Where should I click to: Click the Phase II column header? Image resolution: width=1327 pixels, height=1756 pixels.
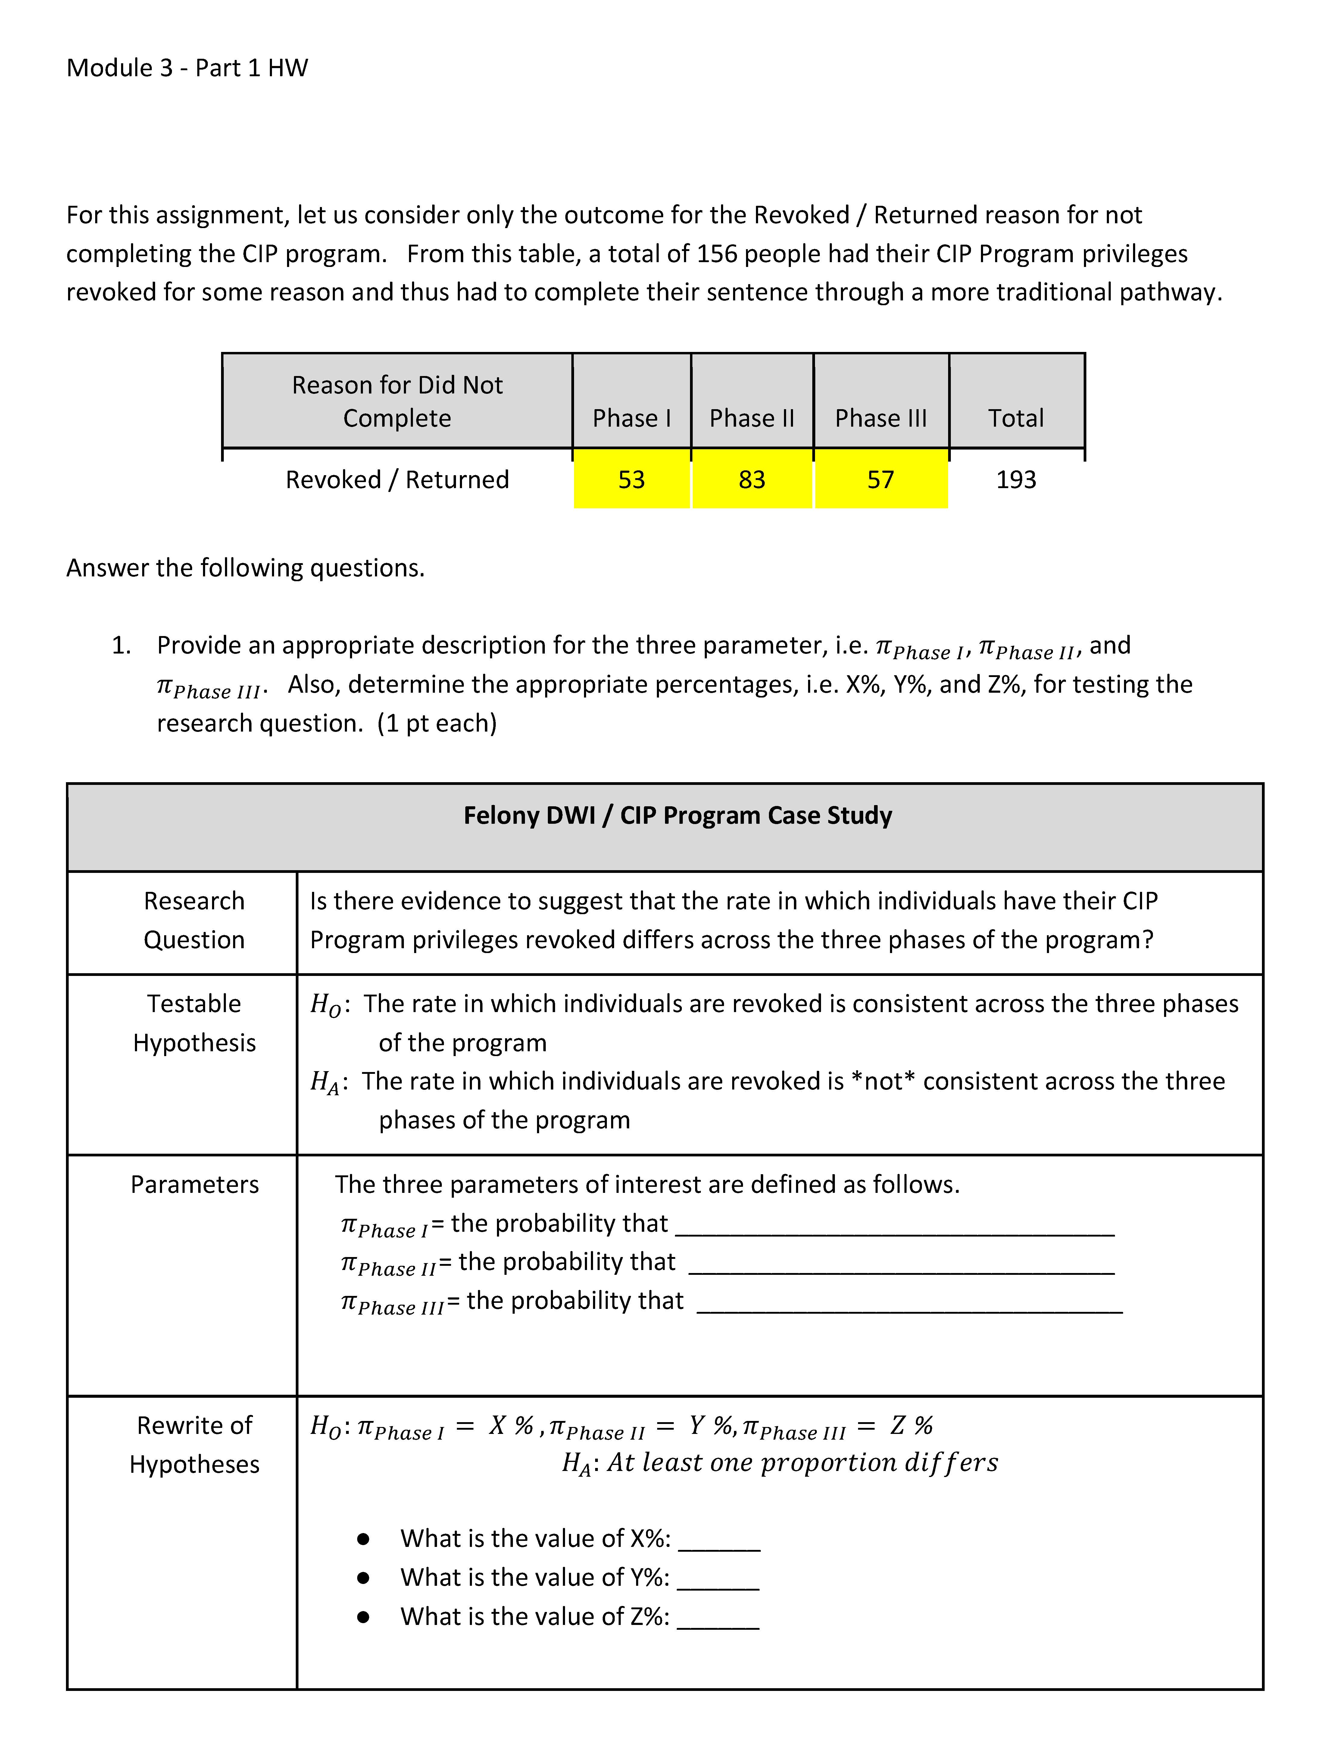click(x=752, y=418)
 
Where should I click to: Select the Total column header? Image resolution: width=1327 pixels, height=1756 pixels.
click(x=1016, y=418)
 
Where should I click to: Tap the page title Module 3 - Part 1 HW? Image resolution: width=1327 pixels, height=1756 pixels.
click(x=187, y=68)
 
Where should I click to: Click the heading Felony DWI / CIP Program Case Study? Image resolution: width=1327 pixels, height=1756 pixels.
click(x=678, y=815)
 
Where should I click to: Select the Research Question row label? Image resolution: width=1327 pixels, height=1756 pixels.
click(x=195, y=920)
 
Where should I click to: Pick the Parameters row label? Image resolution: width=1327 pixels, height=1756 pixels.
click(x=195, y=1184)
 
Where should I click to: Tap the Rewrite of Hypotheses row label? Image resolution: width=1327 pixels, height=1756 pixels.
click(x=195, y=1445)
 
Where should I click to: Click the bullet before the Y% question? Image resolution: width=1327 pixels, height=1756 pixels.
click(x=364, y=1578)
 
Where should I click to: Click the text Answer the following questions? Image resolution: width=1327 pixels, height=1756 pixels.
click(x=245, y=568)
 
